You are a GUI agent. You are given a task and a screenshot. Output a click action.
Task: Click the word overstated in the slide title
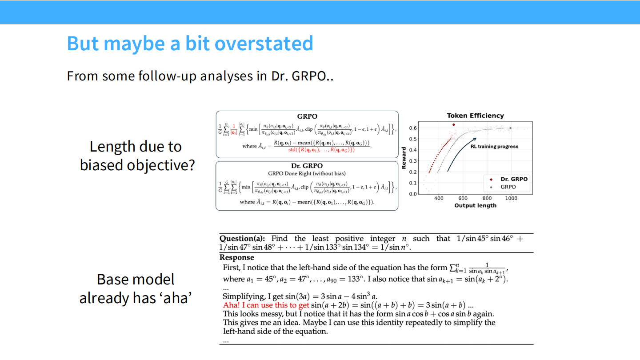[x=264, y=44]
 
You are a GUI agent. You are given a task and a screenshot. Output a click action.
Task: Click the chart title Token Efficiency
[x=475, y=116]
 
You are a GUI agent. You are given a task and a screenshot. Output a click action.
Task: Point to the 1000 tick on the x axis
[x=511, y=199]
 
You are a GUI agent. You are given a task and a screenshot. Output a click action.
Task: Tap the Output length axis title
[x=475, y=206]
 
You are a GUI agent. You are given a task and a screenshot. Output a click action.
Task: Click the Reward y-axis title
[x=404, y=158]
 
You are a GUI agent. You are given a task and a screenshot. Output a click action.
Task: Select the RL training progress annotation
[x=494, y=146]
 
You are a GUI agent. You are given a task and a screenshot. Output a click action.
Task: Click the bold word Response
[x=237, y=258]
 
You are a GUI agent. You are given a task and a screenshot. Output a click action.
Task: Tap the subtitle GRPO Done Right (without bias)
[x=307, y=173]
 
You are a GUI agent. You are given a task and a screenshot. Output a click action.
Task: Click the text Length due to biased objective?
[x=137, y=156]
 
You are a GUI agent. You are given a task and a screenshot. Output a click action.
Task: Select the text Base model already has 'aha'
[x=136, y=288]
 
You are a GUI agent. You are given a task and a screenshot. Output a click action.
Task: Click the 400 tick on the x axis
[x=439, y=199]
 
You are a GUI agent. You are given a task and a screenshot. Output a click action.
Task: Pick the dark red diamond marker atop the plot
[x=453, y=125]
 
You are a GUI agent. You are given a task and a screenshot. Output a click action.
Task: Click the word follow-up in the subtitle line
[x=167, y=76]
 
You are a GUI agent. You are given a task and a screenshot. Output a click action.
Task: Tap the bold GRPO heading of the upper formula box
[x=307, y=116]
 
